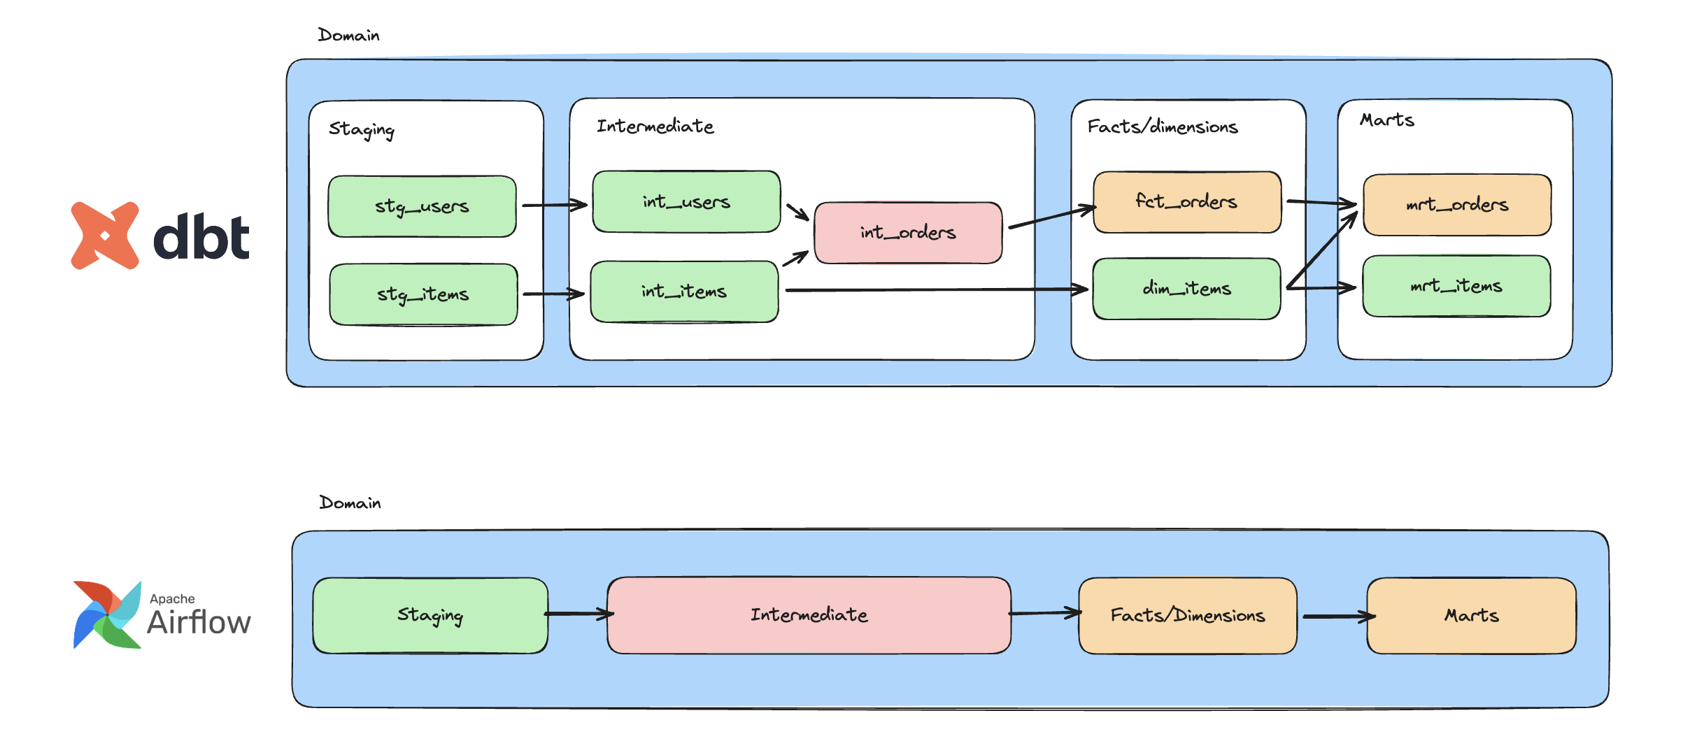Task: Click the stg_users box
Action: [422, 206]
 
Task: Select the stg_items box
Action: [423, 294]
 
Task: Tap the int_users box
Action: [686, 201]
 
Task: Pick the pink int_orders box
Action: [908, 233]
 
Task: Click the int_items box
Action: [684, 292]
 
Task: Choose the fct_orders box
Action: [1187, 202]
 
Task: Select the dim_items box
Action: [1186, 289]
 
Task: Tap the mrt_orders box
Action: [1457, 205]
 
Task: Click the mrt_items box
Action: [1456, 286]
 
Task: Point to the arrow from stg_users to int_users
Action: [554, 206]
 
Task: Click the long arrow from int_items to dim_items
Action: [937, 289]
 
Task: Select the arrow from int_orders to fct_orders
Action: [1051, 217]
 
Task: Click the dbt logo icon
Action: [105, 236]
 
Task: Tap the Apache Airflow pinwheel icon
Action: [107, 614]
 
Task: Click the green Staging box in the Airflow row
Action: [430, 615]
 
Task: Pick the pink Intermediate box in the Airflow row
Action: [809, 615]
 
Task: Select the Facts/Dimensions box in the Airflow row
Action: [1187, 616]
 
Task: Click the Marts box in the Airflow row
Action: [1471, 616]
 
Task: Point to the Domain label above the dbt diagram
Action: [348, 36]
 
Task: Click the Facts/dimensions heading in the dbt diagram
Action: [1162, 127]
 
